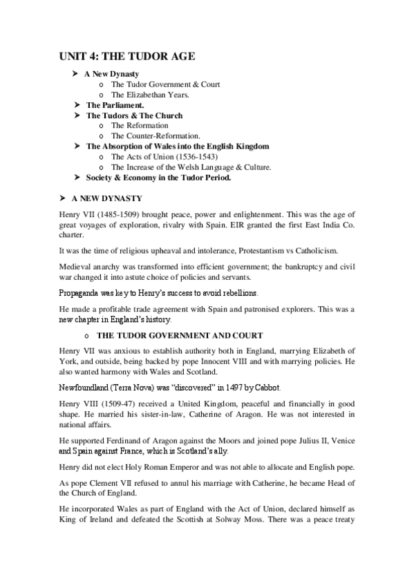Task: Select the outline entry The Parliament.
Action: tap(115, 105)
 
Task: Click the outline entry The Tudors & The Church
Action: tap(134, 115)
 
